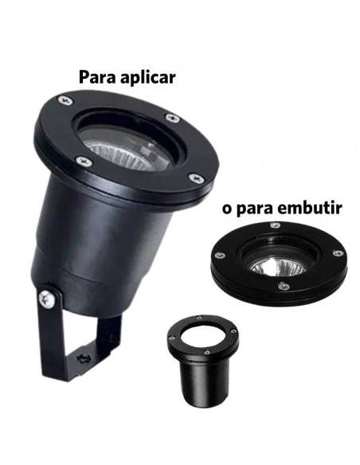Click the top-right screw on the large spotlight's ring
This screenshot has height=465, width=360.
coord(173,118)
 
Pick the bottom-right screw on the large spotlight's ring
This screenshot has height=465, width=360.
coord(191,177)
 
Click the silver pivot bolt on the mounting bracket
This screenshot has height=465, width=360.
coord(49,299)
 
